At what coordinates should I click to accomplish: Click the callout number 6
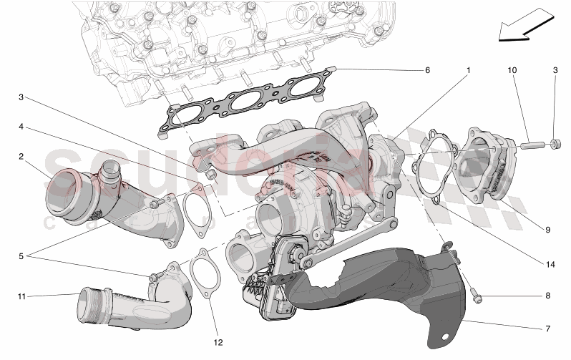(x=427, y=71)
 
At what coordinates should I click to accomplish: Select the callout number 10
(x=512, y=71)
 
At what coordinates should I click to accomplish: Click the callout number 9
(x=547, y=230)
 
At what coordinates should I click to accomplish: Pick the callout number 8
(x=547, y=296)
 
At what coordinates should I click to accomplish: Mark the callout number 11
(x=21, y=295)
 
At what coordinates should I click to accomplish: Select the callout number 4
(x=21, y=127)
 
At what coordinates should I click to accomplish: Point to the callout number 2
(x=21, y=155)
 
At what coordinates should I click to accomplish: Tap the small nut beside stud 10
(x=555, y=146)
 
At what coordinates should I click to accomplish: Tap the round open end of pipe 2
(x=63, y=189)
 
